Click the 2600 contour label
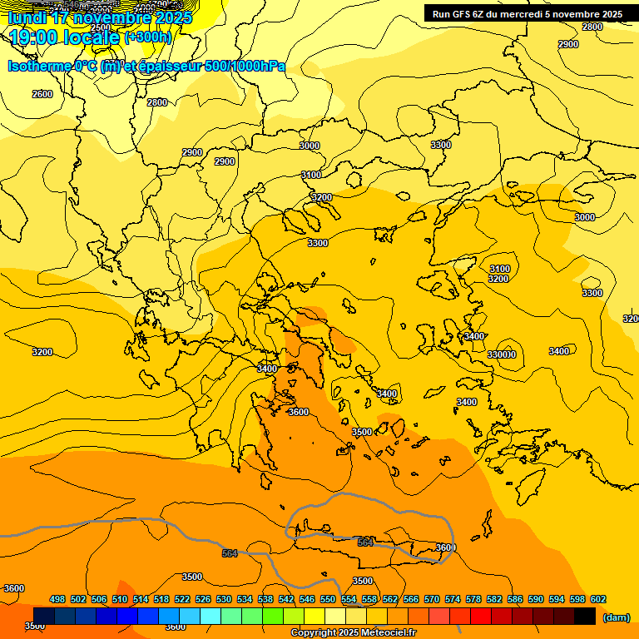tap(42, 94)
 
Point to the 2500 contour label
tap(100, 27)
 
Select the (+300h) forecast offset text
tap(148, 37)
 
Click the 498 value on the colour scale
tap(57, 599)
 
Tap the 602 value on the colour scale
tap(598, 599)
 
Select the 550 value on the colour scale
tap(328, 599)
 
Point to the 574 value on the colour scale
tap(453, 599)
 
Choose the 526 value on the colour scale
tap(203, 599)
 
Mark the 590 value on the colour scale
tap(536, 599)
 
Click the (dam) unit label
tap(617, 617)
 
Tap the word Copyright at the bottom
tap(315, 633)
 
